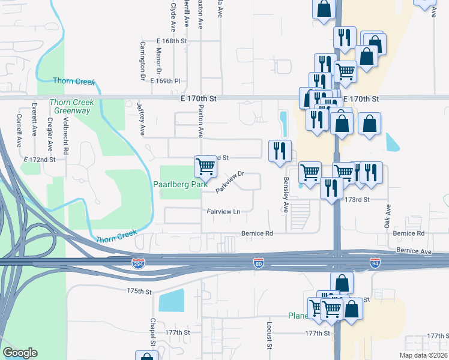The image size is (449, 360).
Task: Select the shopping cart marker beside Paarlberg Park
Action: coord(205,166)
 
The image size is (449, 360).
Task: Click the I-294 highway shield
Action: coord(138,264)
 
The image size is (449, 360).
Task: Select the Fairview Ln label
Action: coord(223,211)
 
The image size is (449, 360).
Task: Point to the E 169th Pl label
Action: coord(165,80)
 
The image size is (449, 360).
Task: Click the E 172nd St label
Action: coord(40,160)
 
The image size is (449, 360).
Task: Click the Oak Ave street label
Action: coord(388,216)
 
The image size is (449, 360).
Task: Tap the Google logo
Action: coord(20,353)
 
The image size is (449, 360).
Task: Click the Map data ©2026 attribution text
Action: coord(423,355)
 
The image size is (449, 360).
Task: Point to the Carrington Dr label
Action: coord(143,61)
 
